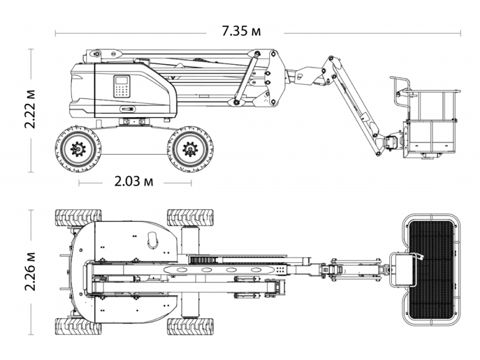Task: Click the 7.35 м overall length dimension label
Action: pyautogui.click(x=241, y=31)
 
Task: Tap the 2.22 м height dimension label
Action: pyautogui.click(x=31, y=109)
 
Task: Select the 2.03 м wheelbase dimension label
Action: pyautogui.click(x=134, y=182)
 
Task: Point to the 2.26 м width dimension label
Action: pyautogui.click(x=31, y=272)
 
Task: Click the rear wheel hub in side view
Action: pyautogui.click(x=79, y=149)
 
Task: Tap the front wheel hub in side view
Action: pyautogui.click(x=190, y=149)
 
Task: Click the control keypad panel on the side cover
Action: pyautogui.click(x=122, y=86)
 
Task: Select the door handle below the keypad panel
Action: pyautogui.click(x=127, y=109)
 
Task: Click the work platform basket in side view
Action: pyautogui.click(x=428, y=122)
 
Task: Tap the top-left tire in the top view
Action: pyautogui.click(x=78, y=218)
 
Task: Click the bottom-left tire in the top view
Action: pyautogui.click(x=78, y=326)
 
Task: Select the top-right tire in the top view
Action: pyautogui.click(x=190, y=218)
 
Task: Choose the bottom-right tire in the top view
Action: pyautogui.click(x=190, y=326)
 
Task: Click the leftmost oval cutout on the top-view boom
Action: pyautogui.click(x=182, y=269)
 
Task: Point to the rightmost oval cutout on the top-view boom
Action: pyautogui.click(x=256, y=269)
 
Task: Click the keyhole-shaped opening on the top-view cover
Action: pyautogui.click(x=153, y=239)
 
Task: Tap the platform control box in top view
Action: pyautogui.click(x=403, y=269)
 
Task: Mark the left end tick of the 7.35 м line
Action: pyautogui.click(x=55, y=33)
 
